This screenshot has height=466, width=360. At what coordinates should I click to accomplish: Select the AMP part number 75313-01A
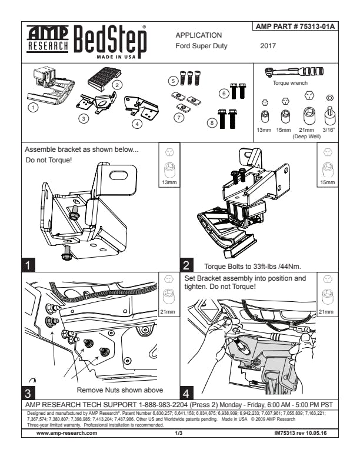(x=296, y=27)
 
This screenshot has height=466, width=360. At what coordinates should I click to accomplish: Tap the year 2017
(x=268, y=45)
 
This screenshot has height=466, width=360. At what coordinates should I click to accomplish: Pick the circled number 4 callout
(x=137, y=124)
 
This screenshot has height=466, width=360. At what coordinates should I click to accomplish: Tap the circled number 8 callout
(x=212, y=122)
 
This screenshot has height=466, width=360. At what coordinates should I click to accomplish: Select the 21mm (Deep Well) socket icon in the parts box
(x=307, y=114)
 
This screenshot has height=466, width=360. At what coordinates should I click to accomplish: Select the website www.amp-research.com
(x=66, y=432)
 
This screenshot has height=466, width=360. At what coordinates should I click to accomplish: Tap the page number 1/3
(x=179, y=432)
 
